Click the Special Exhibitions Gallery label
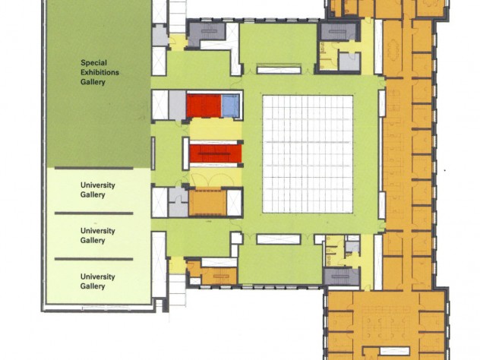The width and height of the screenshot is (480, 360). tap(99, 73)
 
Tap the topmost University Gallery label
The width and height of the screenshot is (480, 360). tap(98, 190)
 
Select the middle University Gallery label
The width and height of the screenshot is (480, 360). tap(98, 235)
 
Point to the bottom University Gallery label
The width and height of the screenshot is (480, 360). tap(98, 281)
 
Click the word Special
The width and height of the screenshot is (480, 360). tap(93, 63)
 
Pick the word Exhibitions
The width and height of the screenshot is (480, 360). tap(99, 73)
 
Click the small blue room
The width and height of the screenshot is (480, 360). tap(230, 106)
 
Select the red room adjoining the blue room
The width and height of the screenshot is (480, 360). tap(204, 106)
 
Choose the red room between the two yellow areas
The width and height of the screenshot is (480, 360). tap(216, 153)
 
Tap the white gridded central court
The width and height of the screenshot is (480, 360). tap(308, 154)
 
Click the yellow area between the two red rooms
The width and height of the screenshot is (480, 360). tap(216, 129)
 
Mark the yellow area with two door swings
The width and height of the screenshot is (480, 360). tap(216, 177)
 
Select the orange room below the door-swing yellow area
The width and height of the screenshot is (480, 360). tap(207, 202)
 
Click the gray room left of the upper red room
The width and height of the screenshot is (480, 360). tap(177, 105)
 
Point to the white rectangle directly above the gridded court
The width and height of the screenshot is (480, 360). tap(279, 69)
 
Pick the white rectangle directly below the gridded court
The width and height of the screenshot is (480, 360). tap(279, 239)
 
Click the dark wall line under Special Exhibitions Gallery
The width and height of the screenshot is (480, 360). tap(93, 168)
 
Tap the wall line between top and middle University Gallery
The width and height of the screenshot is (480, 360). tap(93, 213)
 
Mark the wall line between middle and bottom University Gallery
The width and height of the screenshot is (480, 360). tap(93, 259)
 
